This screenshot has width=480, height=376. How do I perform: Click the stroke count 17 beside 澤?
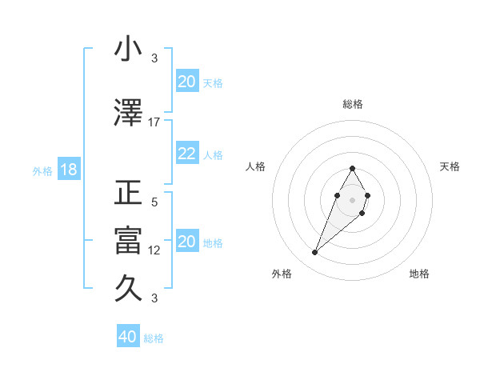(x=154, y=122)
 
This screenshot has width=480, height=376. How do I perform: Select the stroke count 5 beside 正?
(x=154, y=202)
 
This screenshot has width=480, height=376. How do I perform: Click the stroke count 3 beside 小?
(x=154, y=58)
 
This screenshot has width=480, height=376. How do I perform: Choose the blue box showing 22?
(x=187, y=154)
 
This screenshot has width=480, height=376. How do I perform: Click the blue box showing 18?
(x=68, y=170)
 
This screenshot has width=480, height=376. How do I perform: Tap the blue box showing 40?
(x=128, y=337)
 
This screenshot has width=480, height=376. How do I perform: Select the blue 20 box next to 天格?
(x=187, y=82)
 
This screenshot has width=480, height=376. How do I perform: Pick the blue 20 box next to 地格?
(x=187, y=242)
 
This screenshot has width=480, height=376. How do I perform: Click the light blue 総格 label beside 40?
(x=154, y=338)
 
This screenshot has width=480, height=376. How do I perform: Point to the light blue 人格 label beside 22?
(x=213, y=155)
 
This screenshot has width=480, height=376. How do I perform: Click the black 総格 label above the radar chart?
(x=352, y=104)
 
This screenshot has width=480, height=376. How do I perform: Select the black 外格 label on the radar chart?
(x=282, y=274)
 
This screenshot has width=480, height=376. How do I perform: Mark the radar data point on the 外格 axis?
(x=315, y=253)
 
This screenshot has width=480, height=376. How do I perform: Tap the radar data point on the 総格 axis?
(x=352, y=168)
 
